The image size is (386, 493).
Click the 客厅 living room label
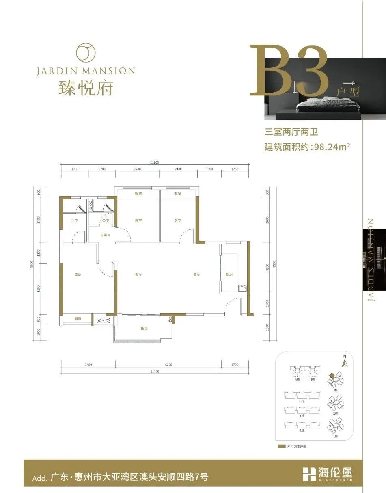(x=139, y=275)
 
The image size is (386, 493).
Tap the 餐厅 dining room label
(x=196, y=275)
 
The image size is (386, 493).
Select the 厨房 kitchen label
(x=229, y=275)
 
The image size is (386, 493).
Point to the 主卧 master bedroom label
(x=78, y=275)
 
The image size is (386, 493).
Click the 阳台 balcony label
(x=144, y=328)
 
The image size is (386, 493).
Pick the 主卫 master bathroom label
(x=74, y=221)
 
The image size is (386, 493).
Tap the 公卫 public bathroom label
(x=106, y=221)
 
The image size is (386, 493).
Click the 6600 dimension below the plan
(x=168, y=365)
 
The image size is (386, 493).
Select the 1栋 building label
(x=336, y=436)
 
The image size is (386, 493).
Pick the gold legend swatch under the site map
(x=281, y=446)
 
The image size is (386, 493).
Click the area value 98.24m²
(x=330, y=147)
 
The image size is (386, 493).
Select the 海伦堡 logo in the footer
(x=328, y=473)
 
